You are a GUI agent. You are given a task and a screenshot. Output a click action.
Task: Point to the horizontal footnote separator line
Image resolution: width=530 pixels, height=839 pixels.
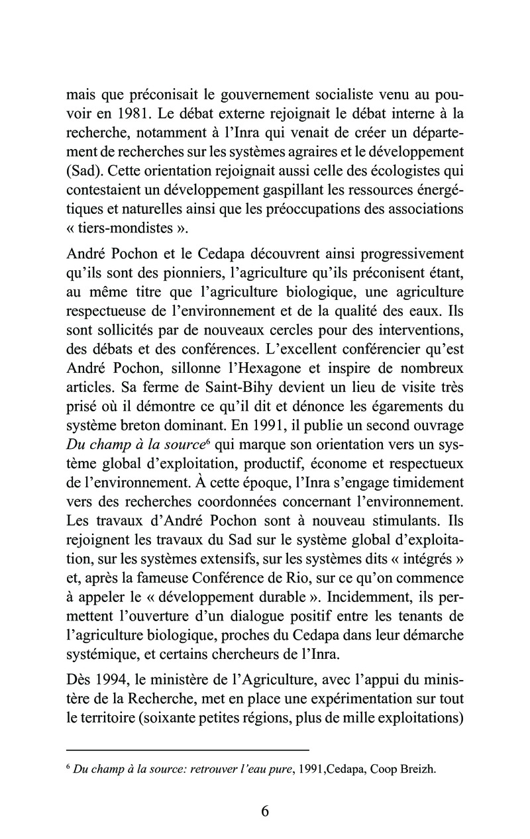[188, 749]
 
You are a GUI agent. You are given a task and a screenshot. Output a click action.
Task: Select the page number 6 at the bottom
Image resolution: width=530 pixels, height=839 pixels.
[265, 813]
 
